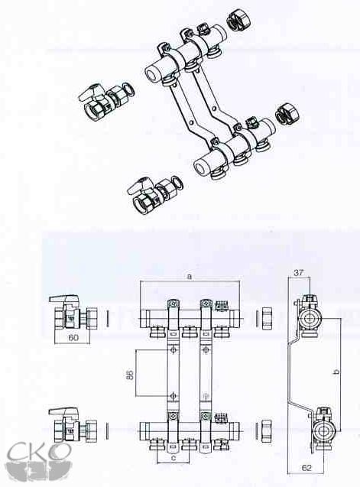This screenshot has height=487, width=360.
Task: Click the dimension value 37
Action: [x=299, y=273]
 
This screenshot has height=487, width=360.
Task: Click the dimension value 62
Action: [x=306, y=467]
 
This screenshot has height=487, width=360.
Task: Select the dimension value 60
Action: [x=73, y=337]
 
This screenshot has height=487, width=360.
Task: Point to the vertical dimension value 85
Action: [x=131, y=374]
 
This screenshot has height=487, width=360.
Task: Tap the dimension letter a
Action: [x=190, y=276]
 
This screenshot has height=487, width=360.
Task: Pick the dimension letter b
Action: [x=336, y=371]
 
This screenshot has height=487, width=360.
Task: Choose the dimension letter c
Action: [x=174, y=457]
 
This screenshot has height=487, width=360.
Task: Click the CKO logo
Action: [x=40, y=460]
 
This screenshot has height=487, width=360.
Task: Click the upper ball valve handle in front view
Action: [x=64, y=300]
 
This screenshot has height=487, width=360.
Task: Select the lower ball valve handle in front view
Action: [x=64, y=413]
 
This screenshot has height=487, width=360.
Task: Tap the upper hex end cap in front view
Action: [x=267, y=318]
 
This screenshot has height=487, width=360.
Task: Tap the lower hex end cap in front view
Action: [x=267, y=430]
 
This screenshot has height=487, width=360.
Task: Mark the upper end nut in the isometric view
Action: [x=238, y=21]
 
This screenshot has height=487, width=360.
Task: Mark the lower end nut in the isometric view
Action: [x=287, y=115]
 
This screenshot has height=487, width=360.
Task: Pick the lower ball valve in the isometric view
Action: [x=154, y=192]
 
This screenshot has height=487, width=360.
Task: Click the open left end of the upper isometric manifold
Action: [x=152, y=73]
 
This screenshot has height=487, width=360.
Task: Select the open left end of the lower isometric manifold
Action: [x=201, y=167]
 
